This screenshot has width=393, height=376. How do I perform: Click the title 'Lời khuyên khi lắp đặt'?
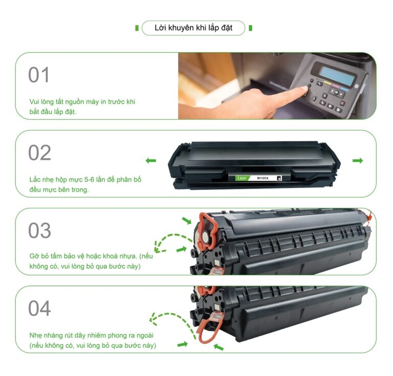(x=193, y=28)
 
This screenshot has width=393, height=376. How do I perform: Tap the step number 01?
(x=38, y=75)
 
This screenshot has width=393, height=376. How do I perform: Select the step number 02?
(x=39, y=153)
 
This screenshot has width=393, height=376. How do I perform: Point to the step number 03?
(x=39, y=230)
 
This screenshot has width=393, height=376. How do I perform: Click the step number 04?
(x=39, y=308)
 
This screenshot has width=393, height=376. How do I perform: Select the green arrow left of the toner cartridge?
(x=151, y=160)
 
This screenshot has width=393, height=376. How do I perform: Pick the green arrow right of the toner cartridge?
(x=358, y=160)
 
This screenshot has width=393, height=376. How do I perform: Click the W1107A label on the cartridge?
(x=263, y=178)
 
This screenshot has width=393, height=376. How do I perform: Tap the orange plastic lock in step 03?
(x=207, y=231)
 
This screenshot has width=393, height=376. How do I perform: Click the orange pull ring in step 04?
(x=209, y=328)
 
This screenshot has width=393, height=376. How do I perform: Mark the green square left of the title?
(x=137, y=28)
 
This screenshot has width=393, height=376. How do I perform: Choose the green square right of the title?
(x=250, y=28)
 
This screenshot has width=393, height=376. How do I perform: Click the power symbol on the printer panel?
(x=356, y=86)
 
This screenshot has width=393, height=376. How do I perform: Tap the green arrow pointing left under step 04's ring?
(x=219, y=347)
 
